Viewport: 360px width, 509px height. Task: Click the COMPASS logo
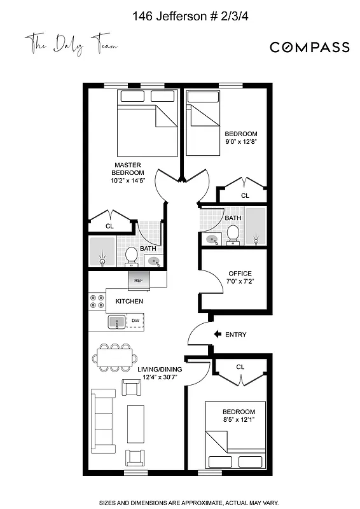[309, 47]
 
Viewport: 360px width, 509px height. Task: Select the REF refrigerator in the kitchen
[138, 279]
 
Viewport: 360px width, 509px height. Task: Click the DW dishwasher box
[135, 321]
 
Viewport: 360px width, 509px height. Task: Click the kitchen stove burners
[97, 301]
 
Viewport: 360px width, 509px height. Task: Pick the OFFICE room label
[240, 274]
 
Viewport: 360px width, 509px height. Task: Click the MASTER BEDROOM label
[128, 169]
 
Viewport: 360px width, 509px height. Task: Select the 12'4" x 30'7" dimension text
[160, 377]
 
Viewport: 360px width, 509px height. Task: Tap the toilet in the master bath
[132, 255]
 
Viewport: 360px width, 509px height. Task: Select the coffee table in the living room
[135, 421]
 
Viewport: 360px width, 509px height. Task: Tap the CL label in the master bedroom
[109, 226]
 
